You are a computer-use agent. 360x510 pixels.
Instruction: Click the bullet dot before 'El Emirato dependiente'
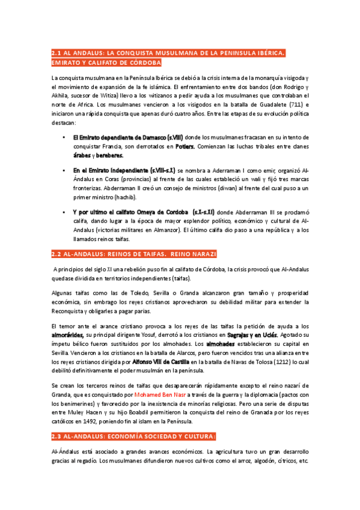(x=64, y=138)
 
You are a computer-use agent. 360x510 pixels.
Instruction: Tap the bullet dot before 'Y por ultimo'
(x=64, y=212)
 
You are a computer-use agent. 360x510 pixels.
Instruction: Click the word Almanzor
(x=185, y=229)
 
